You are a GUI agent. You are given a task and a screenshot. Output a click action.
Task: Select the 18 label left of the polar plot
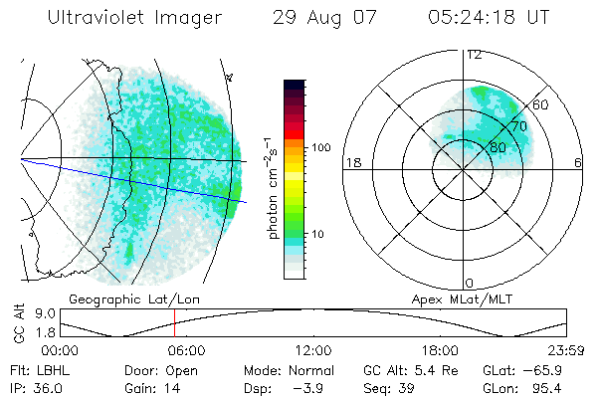351,162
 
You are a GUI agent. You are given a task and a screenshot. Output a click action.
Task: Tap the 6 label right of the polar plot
578,162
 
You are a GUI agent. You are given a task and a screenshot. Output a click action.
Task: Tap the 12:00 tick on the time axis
313,349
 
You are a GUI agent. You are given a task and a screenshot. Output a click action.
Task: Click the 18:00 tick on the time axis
440,349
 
